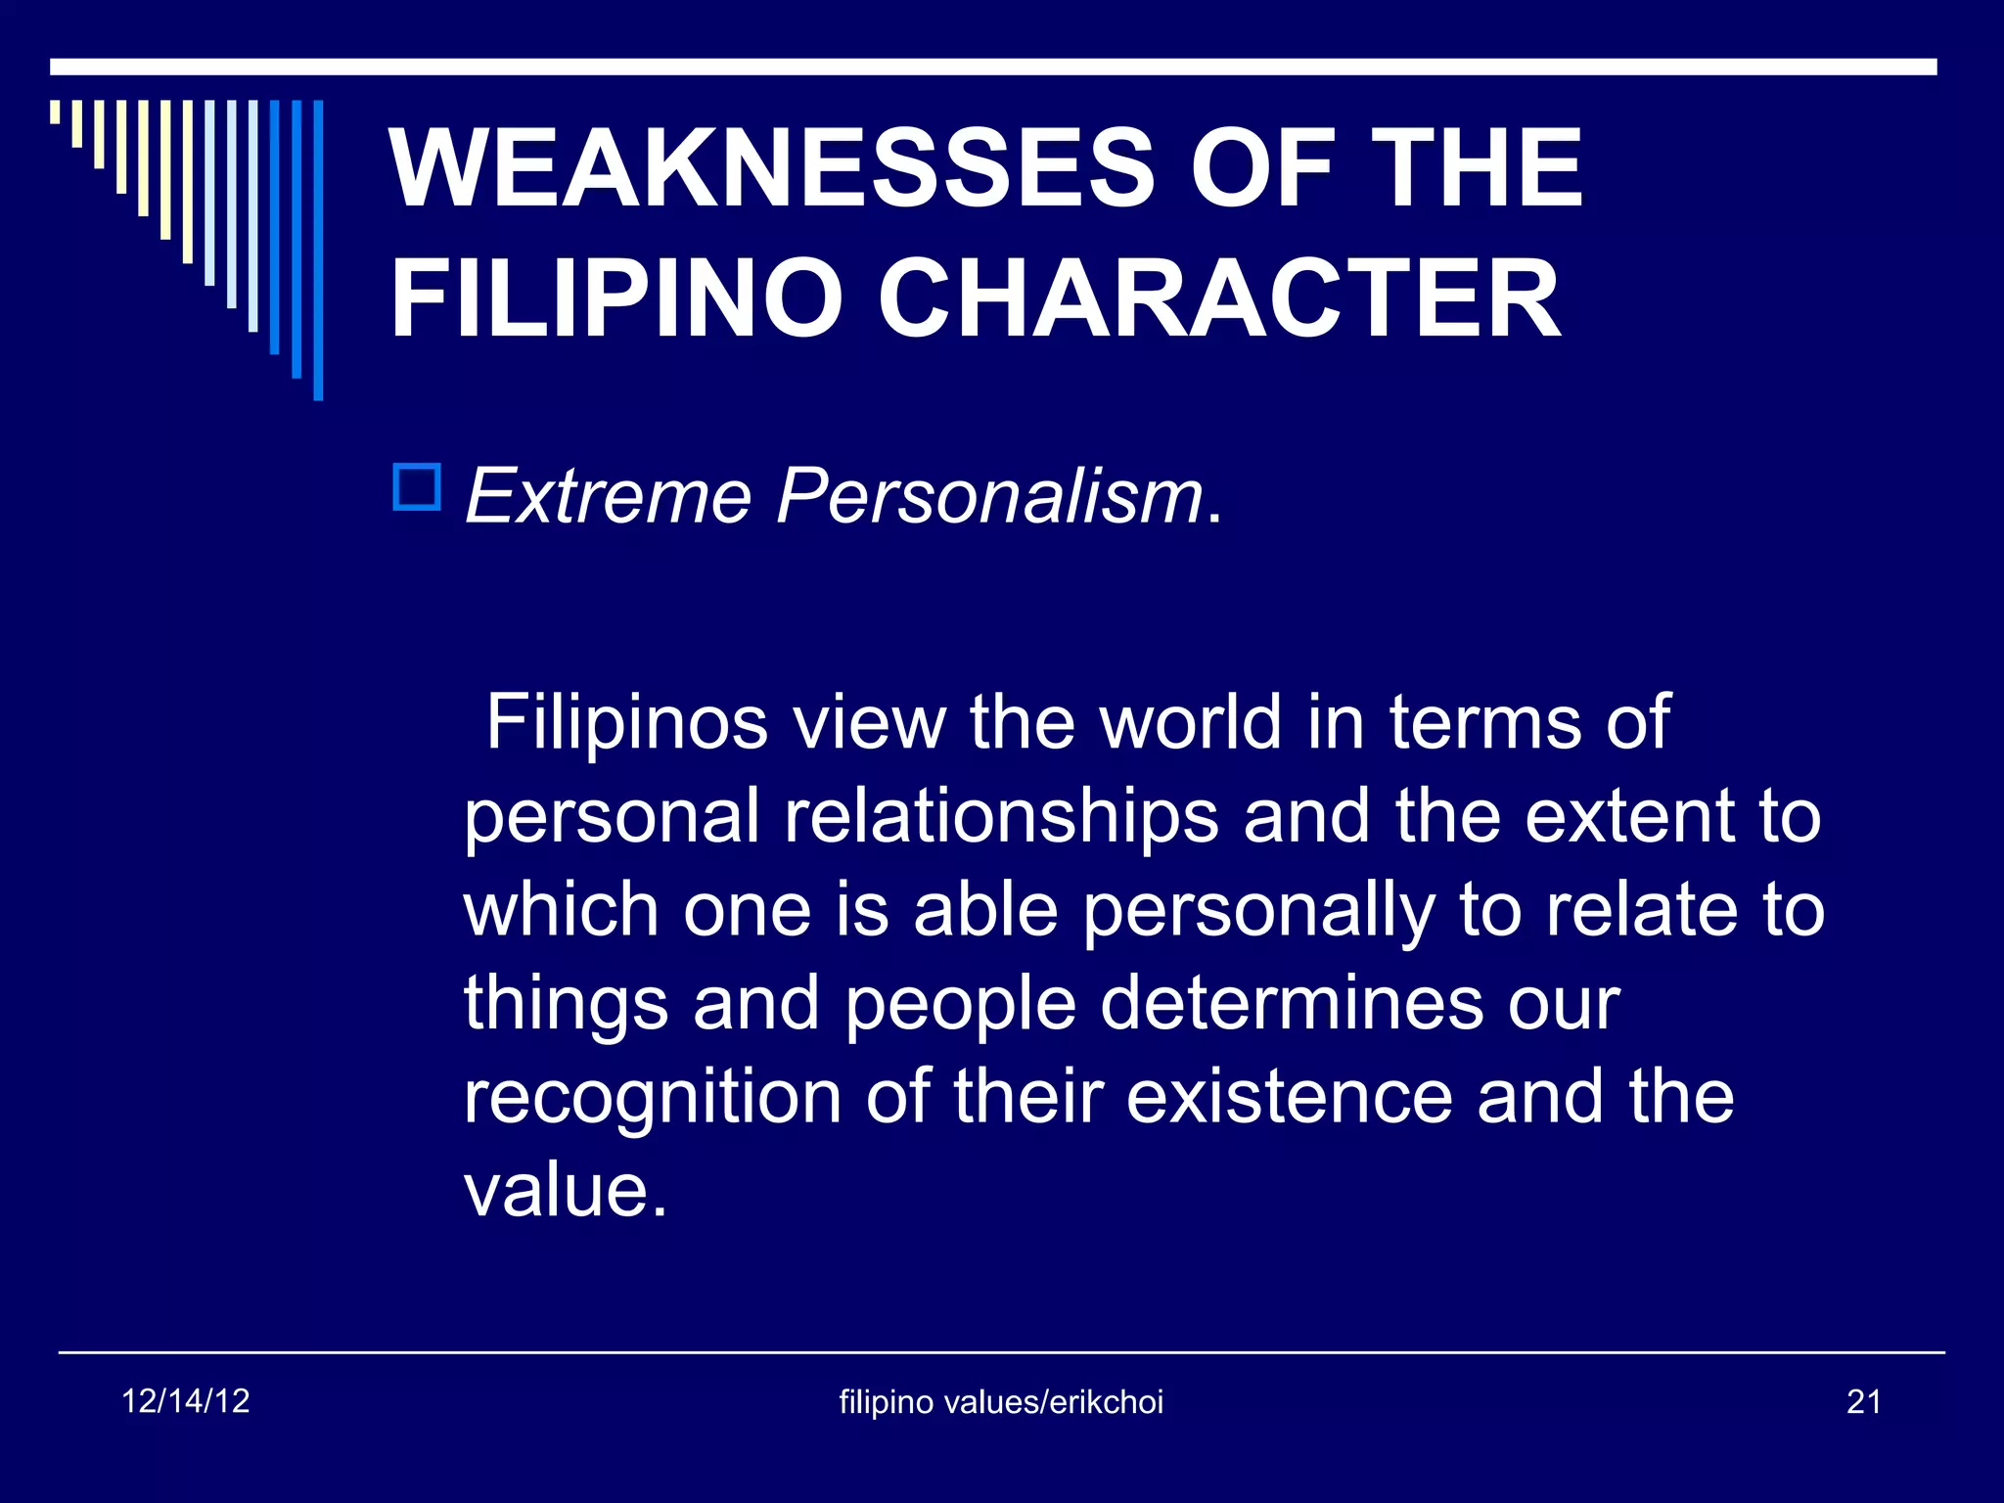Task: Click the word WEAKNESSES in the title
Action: point(772,168)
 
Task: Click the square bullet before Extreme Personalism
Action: point(417,486)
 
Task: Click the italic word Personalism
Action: point(989,496)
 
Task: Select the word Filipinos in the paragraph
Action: point(626,722)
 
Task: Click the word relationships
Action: point(1001,817)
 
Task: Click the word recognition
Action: point(652,1098)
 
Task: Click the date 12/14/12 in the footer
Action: point(186,1401)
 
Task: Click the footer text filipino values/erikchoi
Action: point(1001,1402)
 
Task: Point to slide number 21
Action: point(1863,1402)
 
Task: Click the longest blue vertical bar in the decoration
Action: point(318,250)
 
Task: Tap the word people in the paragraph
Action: point(960,1005)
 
